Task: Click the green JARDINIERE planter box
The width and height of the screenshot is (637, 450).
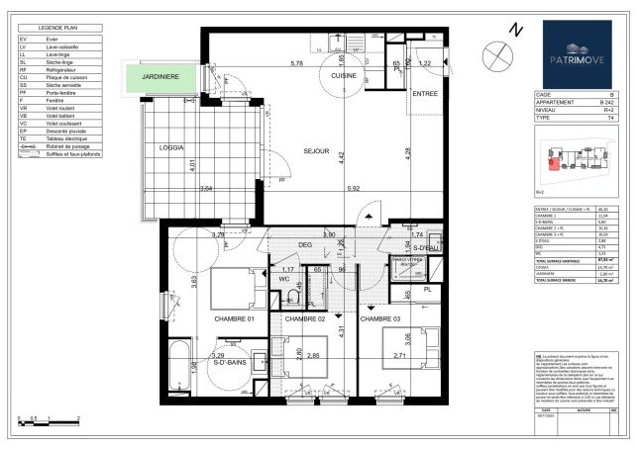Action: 160,76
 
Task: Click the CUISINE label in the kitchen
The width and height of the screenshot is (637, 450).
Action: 344,75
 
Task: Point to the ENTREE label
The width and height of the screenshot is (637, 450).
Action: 424,93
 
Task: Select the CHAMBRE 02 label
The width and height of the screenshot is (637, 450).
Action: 305,319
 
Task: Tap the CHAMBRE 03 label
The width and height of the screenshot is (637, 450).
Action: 380,319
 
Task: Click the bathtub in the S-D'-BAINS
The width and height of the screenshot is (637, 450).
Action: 179,368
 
